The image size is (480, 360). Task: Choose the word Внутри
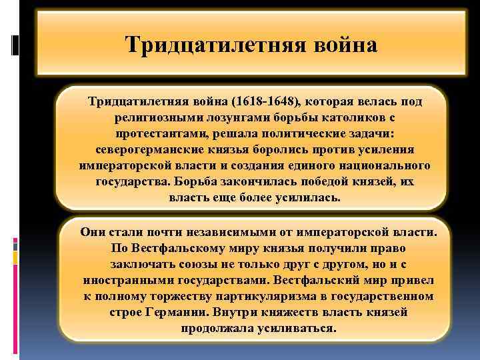230,312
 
